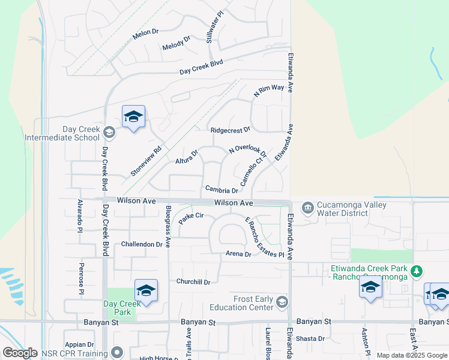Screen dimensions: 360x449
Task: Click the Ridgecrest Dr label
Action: point(230,130)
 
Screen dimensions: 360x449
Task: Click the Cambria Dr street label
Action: point(222,190)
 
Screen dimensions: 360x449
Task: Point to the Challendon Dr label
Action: point(142,244)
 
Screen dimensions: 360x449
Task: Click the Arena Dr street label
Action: point(239,254)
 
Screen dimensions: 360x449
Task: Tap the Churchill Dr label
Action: point(193,282)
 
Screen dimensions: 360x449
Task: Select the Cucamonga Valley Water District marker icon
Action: point(308,208)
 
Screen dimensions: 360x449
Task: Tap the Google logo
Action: point(20,353)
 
